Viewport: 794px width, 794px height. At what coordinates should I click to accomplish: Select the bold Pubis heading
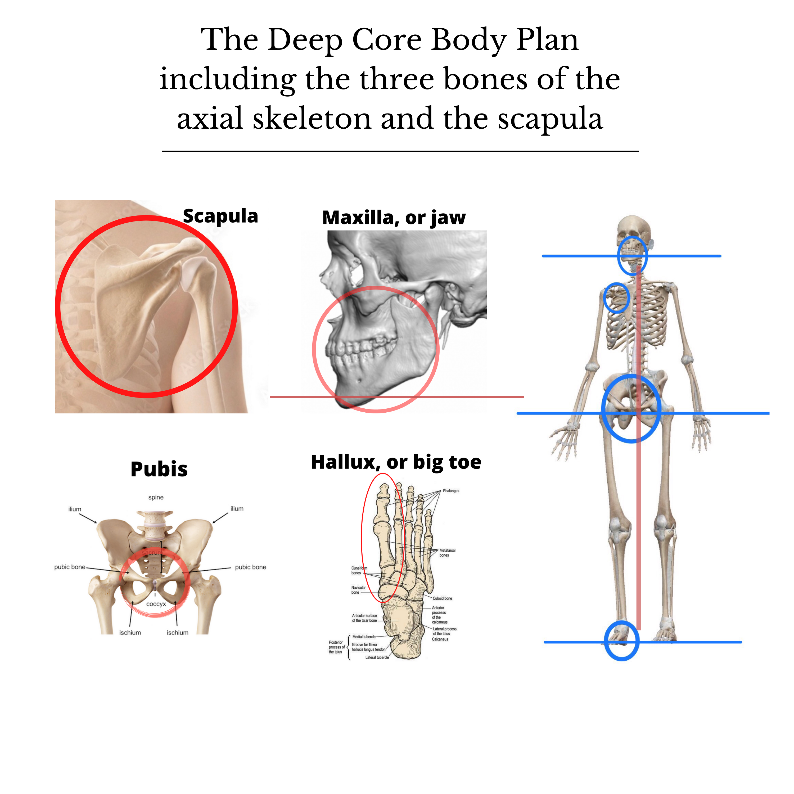pos(159,469)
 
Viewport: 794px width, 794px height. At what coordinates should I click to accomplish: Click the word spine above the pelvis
pos(156,497)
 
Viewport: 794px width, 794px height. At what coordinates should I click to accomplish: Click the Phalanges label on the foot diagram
pos(451,491)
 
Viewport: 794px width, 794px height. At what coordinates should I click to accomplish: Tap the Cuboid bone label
pos(442,598)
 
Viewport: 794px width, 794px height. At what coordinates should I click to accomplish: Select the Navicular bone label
pos(358,590)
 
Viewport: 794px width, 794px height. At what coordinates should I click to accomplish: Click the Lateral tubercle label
pos(377,657)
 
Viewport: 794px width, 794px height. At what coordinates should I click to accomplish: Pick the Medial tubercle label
pos(364,637)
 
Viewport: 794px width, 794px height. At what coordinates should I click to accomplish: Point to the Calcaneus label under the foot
pos(440,639)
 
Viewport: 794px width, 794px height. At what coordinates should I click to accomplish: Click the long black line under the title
pos(400,151)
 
